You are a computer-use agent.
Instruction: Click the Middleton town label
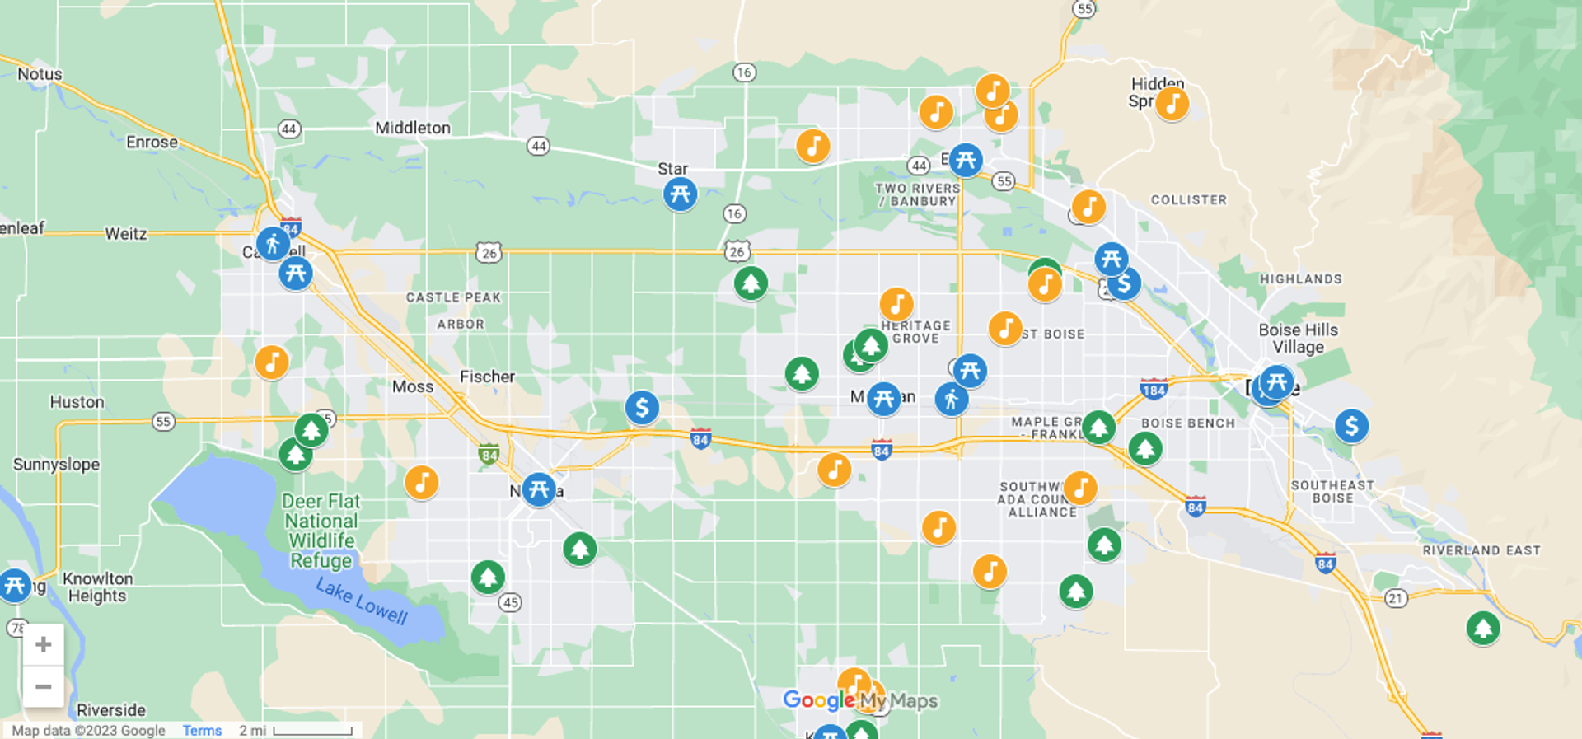pos(412,128)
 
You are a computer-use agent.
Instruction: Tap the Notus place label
pos(40,74)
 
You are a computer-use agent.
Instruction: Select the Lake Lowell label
pos(362,601)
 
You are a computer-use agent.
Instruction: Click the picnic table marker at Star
pos(680,195)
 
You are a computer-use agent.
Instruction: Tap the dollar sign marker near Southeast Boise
pos(1351,426)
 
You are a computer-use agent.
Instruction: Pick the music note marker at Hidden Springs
pos(1172,104)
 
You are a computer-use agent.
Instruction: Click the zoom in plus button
pos(44,644)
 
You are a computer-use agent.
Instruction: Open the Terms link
pos(202,731)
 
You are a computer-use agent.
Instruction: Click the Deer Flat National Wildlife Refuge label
pos(321,531)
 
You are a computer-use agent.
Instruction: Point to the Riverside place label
pos(111,710)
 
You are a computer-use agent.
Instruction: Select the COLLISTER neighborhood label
pos(1188,200)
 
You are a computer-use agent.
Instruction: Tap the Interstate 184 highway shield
pos(1154,390)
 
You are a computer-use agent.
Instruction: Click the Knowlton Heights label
pos(97,587)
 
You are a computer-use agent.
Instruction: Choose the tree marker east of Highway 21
pos(1482,629)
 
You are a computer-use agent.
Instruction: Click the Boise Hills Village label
pos(1298,339)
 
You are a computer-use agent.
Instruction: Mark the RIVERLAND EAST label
pos(1481,550)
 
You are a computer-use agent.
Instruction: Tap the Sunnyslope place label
pos(56,465)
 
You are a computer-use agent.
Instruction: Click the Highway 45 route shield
pos(510,602)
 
